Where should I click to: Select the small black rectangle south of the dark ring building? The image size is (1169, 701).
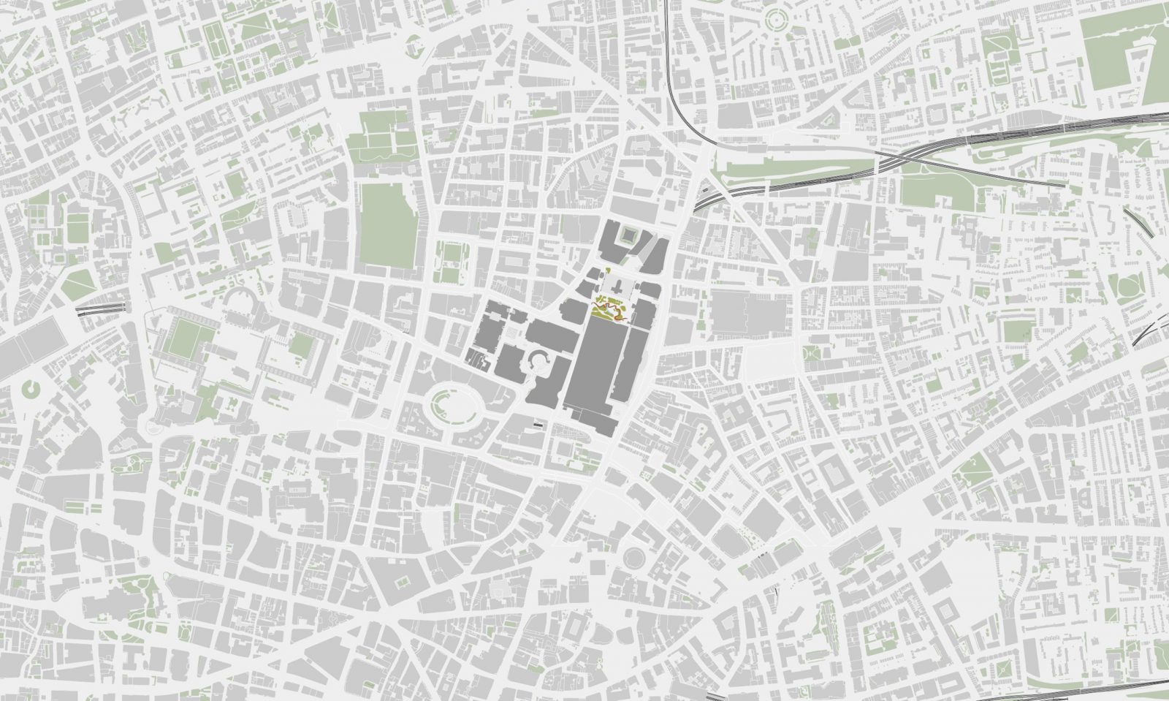tap(538, 423)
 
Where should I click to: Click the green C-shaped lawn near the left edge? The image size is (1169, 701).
tap(28, 390)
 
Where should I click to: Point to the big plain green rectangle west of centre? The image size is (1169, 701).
tap(387, 223)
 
